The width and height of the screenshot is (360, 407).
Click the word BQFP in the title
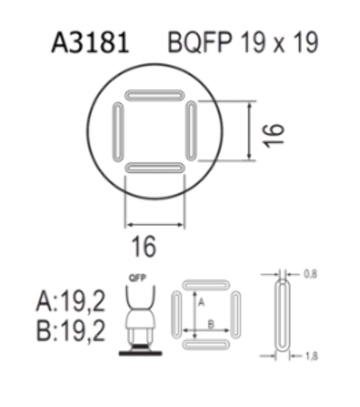[x=199, y=43]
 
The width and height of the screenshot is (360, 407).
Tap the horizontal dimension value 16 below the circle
[x=144, y=246]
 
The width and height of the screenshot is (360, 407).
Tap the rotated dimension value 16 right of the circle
[x=274, y=136]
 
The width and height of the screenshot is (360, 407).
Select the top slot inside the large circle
[x=155, y=95]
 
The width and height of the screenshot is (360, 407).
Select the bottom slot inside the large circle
[x=155, y=168]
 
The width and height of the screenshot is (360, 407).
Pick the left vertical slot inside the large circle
[x=118, y=132]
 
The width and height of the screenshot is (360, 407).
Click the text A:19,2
[x=71, y=301]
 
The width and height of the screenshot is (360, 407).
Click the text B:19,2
[x=71, y=330]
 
